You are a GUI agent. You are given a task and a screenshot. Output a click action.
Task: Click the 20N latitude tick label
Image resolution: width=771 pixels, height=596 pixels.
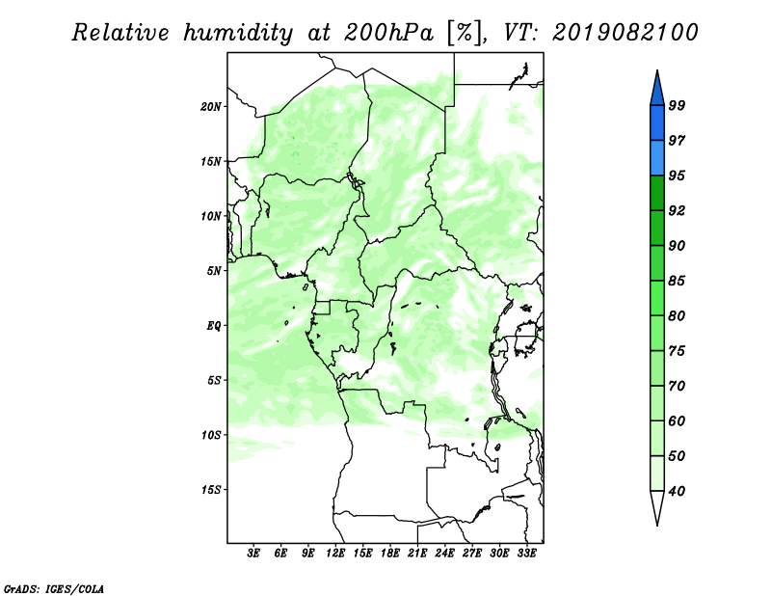point(211,107)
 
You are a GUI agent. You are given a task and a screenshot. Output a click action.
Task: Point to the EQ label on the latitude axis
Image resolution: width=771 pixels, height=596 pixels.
point(213,326)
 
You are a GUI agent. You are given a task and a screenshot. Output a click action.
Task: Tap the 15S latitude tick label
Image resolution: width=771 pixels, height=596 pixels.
point(211,490)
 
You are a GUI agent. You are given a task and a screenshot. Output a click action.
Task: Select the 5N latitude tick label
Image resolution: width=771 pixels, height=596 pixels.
point(214,271)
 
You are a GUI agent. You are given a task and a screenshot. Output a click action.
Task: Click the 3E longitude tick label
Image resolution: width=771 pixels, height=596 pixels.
point(253,554)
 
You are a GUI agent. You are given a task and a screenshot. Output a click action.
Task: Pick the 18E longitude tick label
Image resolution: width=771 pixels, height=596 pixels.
point(390,554)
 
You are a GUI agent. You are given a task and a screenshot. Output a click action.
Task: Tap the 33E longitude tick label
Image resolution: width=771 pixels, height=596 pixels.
point(526,554)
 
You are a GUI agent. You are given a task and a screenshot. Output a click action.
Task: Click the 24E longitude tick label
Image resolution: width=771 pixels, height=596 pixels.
point(444,554)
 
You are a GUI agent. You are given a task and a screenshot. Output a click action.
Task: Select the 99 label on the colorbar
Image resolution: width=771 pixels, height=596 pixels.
point(677,105)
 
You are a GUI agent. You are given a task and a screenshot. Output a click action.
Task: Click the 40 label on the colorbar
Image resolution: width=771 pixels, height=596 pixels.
point(677,491)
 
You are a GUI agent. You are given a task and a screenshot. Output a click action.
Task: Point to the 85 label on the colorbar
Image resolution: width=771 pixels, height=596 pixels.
point(677,281)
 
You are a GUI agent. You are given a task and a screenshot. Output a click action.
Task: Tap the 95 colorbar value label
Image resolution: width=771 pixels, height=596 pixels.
point(677,176)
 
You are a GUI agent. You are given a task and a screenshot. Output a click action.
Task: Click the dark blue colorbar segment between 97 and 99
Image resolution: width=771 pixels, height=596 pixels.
point(657,123)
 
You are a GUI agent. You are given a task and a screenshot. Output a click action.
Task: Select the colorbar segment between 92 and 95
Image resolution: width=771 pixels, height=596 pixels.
point(657,193)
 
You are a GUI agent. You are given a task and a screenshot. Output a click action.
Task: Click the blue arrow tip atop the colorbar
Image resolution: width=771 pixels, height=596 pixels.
point(657,70)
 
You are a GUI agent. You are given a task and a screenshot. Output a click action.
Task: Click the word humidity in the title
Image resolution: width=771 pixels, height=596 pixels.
point(238,33)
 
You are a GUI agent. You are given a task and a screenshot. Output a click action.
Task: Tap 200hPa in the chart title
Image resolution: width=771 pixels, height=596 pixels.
point(389,33)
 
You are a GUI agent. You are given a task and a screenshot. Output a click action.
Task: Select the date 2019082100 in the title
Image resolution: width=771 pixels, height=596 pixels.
point(625,33)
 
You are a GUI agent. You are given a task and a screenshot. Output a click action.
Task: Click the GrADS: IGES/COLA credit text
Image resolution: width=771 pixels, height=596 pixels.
point(54,588)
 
